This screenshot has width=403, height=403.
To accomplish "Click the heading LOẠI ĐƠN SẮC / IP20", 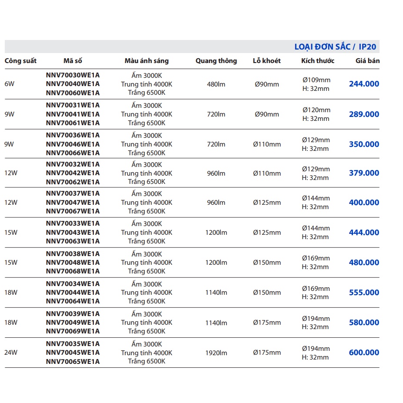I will [x=335, y=47].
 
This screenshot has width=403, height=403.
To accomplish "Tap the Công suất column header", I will [x=20, y=61].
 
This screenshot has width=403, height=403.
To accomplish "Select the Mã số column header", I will [x=73, y=61].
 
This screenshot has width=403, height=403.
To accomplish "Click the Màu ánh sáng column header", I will [x=147, y=61].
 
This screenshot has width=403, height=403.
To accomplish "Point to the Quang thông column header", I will [x=216, y=61].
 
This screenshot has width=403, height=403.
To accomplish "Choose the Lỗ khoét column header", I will [x=267, y=61].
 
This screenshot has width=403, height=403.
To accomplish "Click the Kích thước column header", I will [x=318, y=61].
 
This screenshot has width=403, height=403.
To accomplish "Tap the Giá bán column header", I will [x=367, y=61].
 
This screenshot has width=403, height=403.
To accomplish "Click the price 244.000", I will [x=364, y=84].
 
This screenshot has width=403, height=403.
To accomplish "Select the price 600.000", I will [x=364, y=353].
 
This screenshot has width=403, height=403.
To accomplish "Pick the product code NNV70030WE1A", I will [x=73, y=75].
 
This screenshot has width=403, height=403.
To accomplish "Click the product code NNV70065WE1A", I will [x=73, y=361].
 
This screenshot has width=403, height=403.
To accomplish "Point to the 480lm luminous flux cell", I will [x=216, y=84].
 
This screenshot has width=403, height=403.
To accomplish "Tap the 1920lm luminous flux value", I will [x=216, y=353].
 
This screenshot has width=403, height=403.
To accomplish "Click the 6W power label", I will [x=10, y=84].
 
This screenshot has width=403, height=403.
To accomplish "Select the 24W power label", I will [x=11, y=353].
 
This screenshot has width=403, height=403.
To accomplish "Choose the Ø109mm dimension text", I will [x=316, y=80].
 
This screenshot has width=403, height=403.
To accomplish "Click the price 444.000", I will [x=364, y=233].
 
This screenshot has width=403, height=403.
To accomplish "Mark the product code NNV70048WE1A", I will [x=73, y=263].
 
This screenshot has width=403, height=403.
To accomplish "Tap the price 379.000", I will [x=364, y=173].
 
